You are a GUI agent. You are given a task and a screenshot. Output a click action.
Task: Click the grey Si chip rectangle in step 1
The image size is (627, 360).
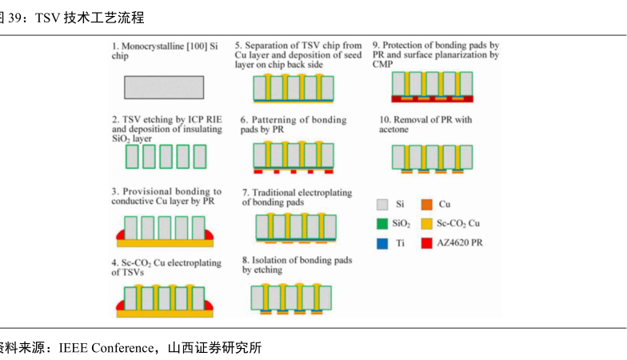164,86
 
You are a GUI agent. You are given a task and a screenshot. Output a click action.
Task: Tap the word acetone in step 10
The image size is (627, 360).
394,130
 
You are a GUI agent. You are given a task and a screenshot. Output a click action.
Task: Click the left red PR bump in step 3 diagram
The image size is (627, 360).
122,234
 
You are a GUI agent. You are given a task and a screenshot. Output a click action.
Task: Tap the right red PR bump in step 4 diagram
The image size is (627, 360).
210,306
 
